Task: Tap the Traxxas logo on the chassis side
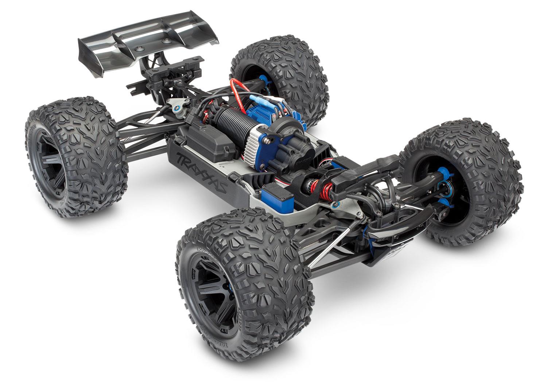(x=201, y=171)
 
